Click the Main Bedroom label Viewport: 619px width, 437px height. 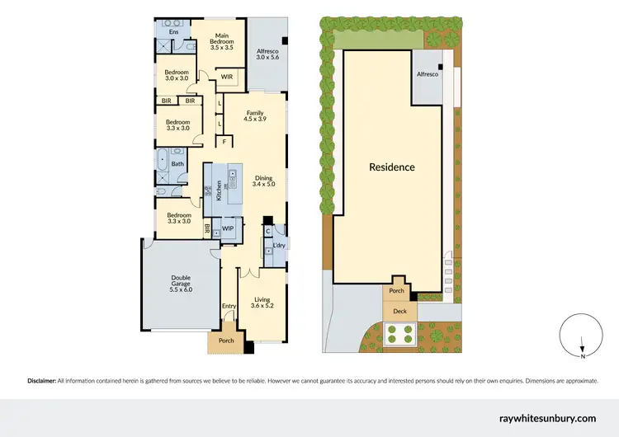click(222, 40)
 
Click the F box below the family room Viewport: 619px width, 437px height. click(224, 142)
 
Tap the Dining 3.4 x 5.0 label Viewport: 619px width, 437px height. click(263, 181)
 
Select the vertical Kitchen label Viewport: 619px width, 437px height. click(219, 191)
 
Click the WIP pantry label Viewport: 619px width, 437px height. click(228, 228)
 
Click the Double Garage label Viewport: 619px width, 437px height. click(181, 284)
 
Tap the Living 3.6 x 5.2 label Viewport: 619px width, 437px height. click(262, 303)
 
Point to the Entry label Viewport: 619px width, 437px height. click(229, 306)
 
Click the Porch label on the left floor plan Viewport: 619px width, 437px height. click(225, 341)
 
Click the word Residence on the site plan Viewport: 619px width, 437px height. click(391, 167)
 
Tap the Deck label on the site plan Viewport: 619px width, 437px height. click(399, 311)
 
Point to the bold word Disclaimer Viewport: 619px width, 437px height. click(41, 381)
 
